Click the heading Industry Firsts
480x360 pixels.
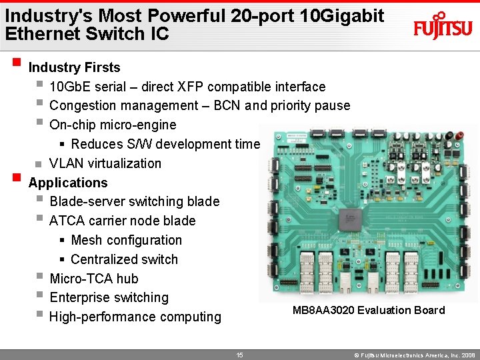[x=74, y=67]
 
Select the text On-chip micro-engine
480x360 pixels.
[x=113, y=125]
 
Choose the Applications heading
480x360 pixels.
[x=67, y=183]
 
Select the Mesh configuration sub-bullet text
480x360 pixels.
[x=126, y=240]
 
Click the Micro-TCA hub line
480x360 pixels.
[x=93, y=279]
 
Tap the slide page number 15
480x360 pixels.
[x=239, y=355]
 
